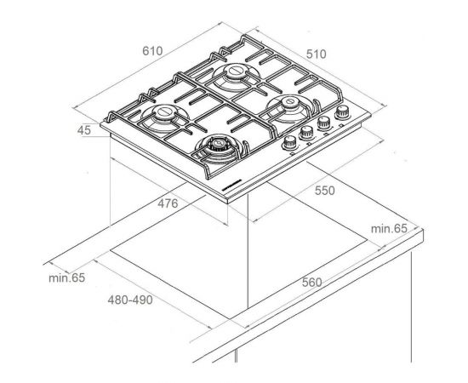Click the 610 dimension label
coord(151,50)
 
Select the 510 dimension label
coord(316,54)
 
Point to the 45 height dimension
coord(83,130)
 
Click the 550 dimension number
coord(324,191)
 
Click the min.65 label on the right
coord(389,228)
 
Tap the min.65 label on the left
coord(67,277)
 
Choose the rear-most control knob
coord(342,113)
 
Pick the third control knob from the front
coord(323,123)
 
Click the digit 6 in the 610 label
coord(145,50)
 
